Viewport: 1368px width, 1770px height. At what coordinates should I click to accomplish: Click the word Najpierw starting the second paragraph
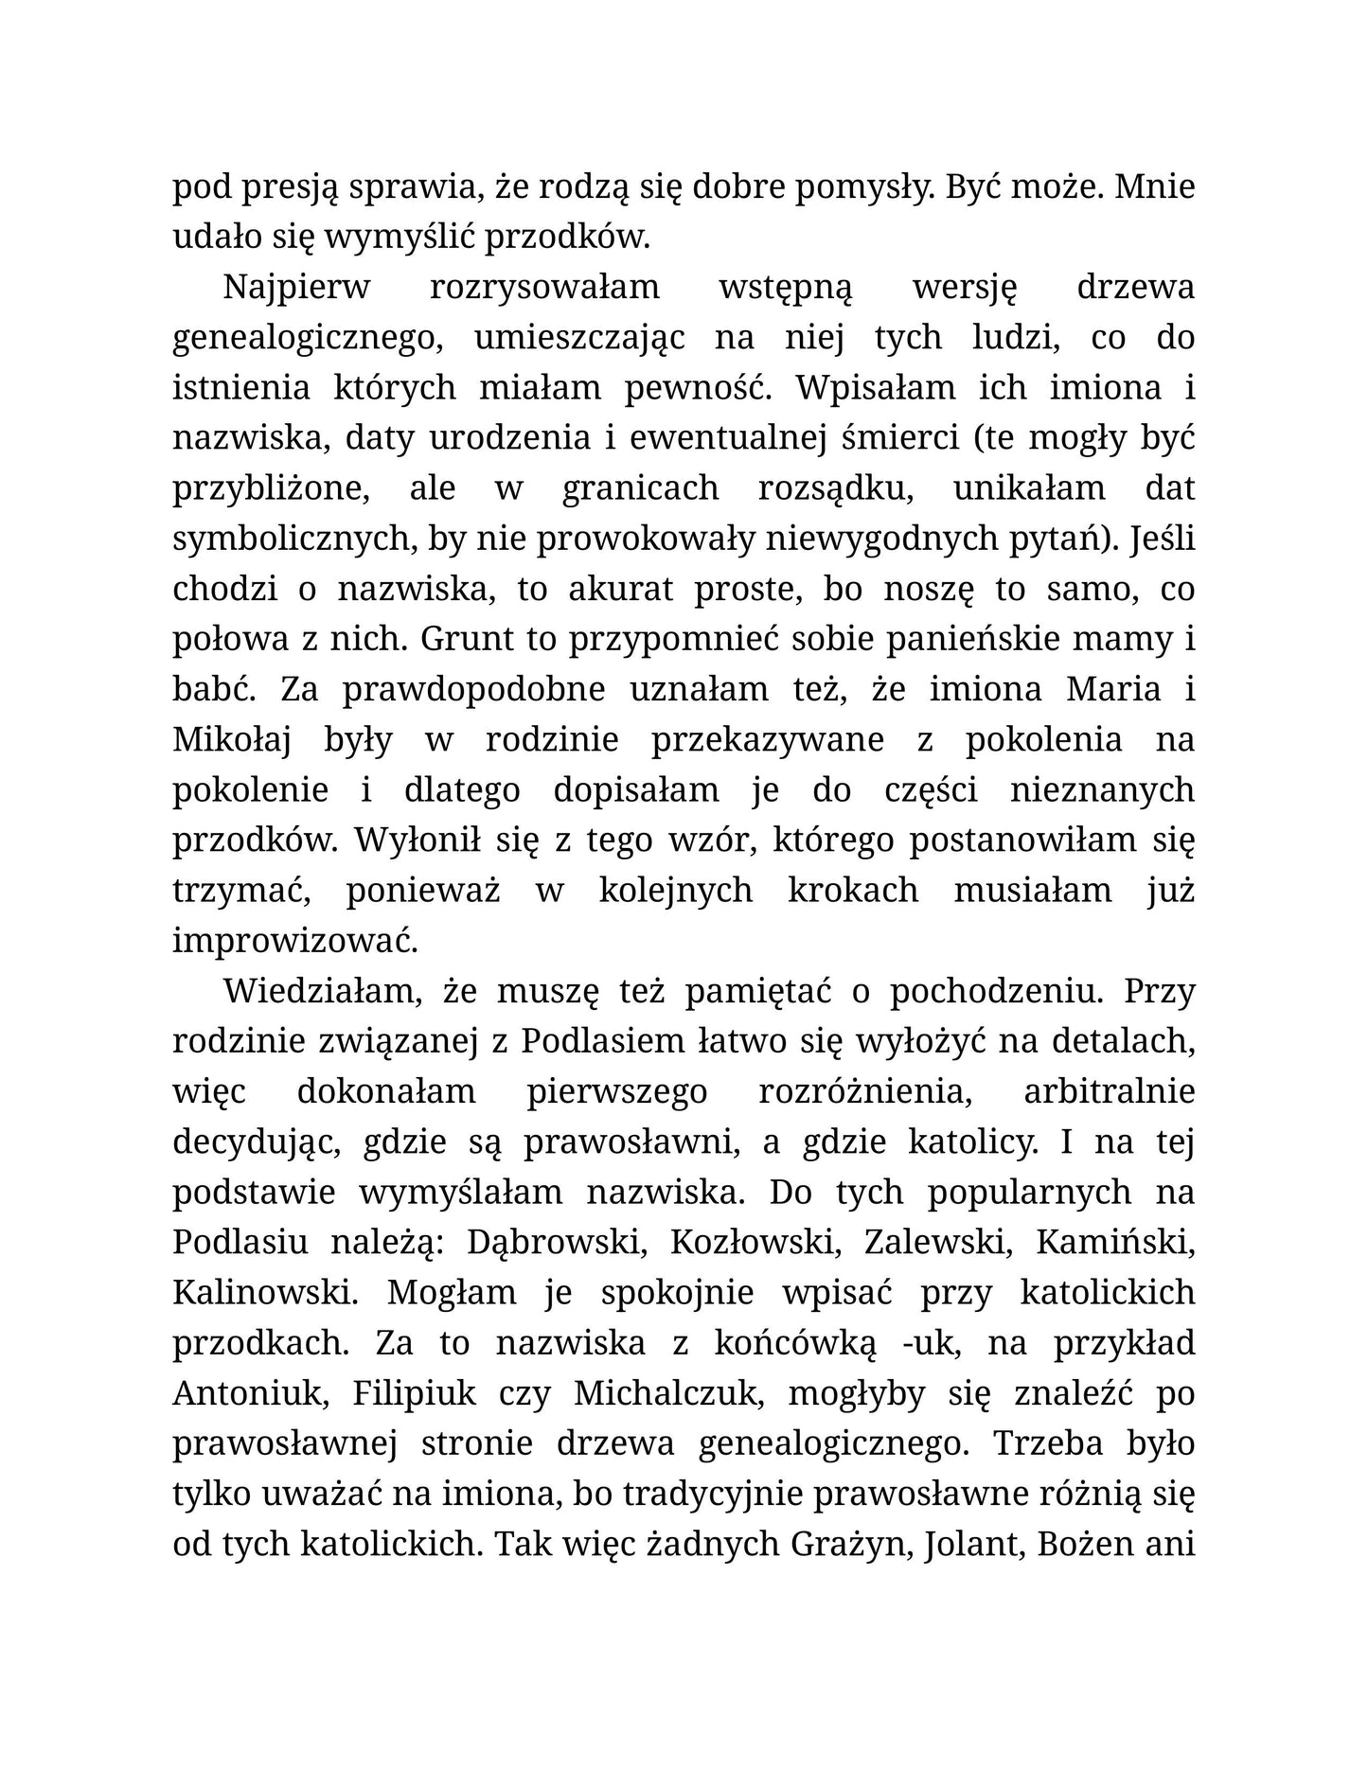[295, 289]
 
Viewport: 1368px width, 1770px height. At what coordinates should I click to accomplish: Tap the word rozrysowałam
[544, 289]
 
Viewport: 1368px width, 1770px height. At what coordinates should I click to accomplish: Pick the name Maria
[1113, 689]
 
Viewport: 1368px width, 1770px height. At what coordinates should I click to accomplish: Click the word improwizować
[295, 941]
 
